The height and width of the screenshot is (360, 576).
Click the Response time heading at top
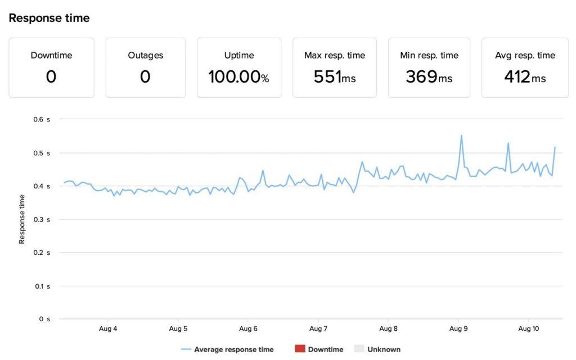(x=49, y=18)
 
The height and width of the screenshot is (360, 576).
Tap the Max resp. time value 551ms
(x=335, y=77)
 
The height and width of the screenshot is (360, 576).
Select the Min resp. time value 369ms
(x=429, y=77)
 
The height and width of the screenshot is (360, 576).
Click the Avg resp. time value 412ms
(x=525, y=77)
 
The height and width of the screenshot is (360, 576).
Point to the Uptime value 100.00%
(x=238, y=77)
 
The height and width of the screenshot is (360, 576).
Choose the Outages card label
(x=145, y=55)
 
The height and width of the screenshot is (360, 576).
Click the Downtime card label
(x=51, y=55)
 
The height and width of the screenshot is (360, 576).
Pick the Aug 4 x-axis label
(x=107, y=328)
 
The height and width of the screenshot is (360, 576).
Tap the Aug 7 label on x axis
(x=318, y=328)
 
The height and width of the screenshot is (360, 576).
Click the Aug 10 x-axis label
(x=529, y=328)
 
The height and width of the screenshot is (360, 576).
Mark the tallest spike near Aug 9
(x=461, y=136)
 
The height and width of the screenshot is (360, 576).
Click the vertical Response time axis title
(x=22, y=219)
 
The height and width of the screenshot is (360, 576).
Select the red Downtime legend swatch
(x=299, y=349)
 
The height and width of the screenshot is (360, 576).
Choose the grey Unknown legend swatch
(x=359, y=349)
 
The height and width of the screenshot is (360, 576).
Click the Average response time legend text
(x=233, y=349)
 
